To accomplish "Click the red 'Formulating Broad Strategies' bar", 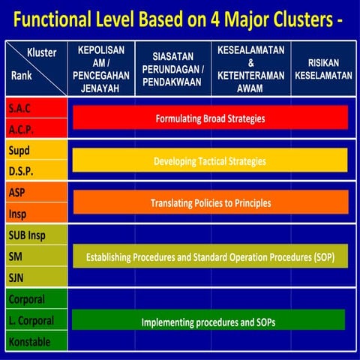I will pos(210,118).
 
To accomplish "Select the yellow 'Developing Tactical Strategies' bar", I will pos(210,161).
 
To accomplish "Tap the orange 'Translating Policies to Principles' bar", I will pos(210,202).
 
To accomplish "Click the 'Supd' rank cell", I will pos(19,150).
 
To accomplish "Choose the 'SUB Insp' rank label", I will pos(28,235).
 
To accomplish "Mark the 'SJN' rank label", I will pos(17,277).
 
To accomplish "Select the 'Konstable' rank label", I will pos(29,341).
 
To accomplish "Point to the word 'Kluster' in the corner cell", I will pos(42,52).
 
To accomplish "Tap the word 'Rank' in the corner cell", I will pos(22,76).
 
